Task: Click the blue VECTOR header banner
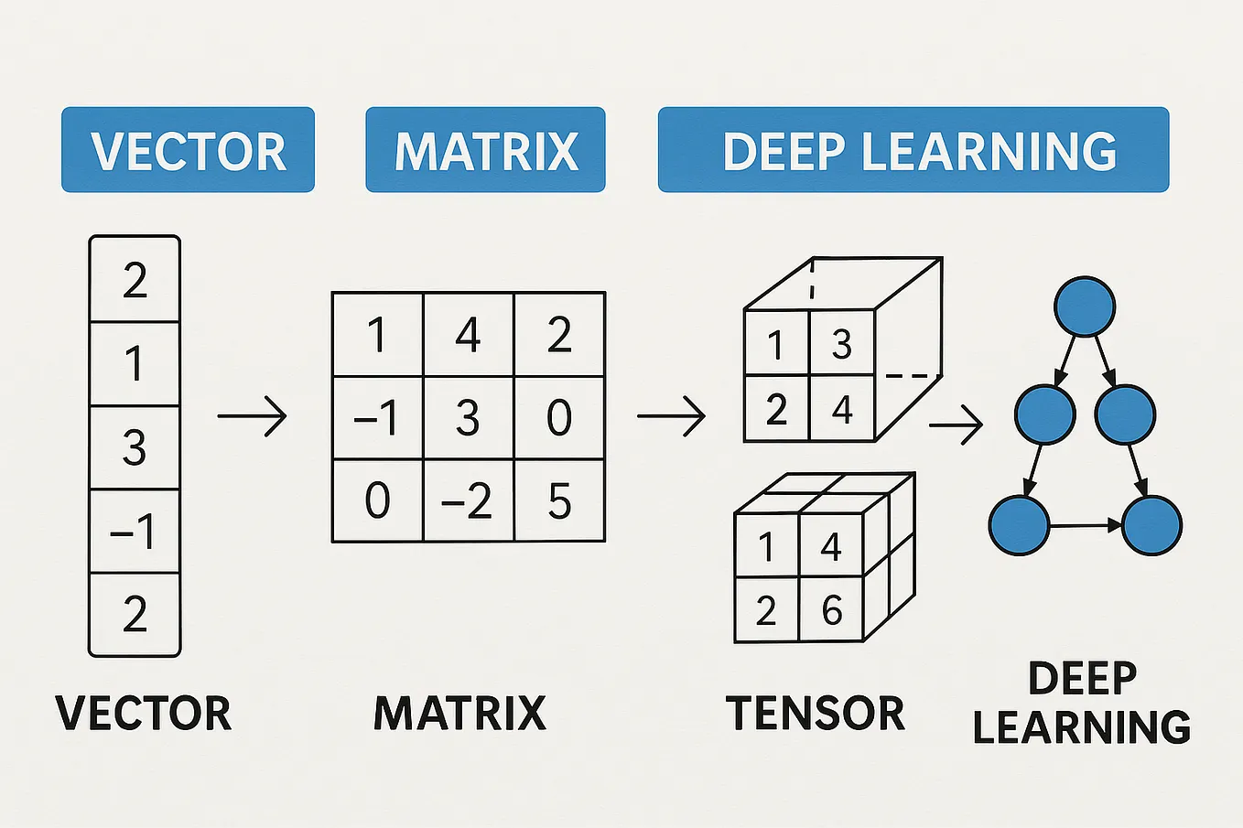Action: click(188, 150)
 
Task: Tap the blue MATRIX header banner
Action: click(485, 150)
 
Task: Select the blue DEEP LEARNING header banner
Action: click(913, 150)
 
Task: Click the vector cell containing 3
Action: click(135, 447)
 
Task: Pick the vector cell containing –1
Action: click(135, 532)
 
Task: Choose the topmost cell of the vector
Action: click(135, 279)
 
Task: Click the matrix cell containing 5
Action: click(559, 500)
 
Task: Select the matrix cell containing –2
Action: click(468, 500)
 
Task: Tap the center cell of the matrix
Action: click(468, 417)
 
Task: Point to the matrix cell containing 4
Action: click(468, 334)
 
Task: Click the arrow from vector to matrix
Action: click(252, 417)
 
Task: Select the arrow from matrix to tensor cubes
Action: click(671, 417)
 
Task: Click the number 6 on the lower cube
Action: click(831, 609)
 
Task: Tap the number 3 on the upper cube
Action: click(841, 344)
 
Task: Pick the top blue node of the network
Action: click(1085, 306)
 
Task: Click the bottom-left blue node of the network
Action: click(1019, 525)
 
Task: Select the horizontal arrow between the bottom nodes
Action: click(1086, 525)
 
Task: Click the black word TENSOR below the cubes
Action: click(815, 713)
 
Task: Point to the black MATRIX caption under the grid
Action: click(459, 713)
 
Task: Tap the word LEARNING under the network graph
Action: click(1081, 727)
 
